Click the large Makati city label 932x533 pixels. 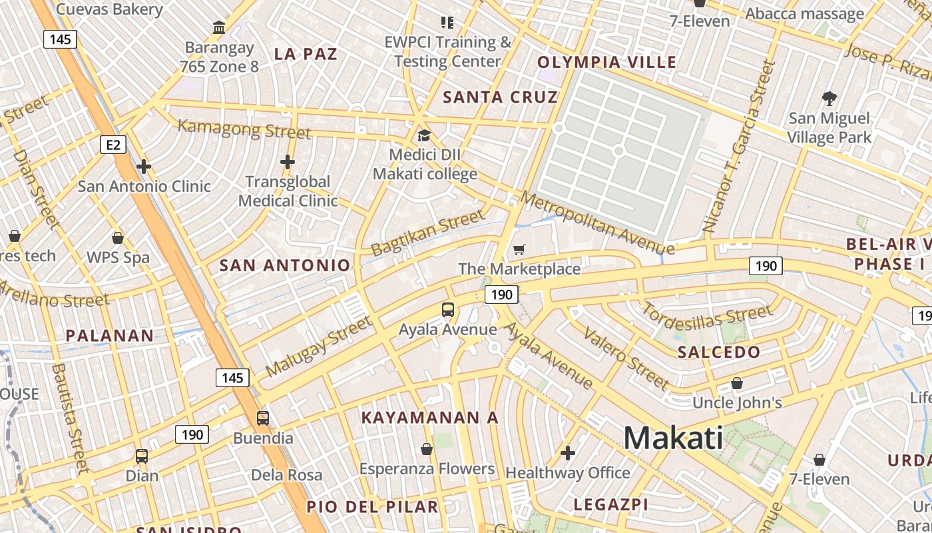pos(673,438)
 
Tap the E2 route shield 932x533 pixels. pos(113,144)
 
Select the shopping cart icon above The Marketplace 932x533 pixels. pos(519,250)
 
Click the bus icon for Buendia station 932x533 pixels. pos(263,418)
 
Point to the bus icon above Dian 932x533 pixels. pos(142,456)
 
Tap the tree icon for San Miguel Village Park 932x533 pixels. pos(829,99)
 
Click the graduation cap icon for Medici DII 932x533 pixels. pos(424,136)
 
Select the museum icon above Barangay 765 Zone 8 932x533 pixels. pos(219,27)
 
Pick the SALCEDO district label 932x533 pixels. pos(718,352)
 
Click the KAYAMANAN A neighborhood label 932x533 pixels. pos(429,418)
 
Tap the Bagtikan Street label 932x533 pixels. pos(428,233)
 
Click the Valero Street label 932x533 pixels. pos(626,358)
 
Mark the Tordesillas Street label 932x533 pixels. pos(707,319)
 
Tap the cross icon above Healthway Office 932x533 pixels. pos(568,454)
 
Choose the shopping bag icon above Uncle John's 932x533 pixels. pos(737,383)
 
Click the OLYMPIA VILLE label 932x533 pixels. pos(606,63)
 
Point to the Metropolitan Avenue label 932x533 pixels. pos(598,223)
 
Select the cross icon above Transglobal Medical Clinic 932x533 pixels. pos(288,162)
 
